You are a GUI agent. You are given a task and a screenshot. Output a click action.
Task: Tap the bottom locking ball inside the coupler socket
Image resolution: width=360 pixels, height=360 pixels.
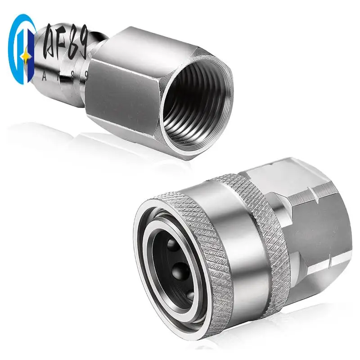point(189,295)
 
